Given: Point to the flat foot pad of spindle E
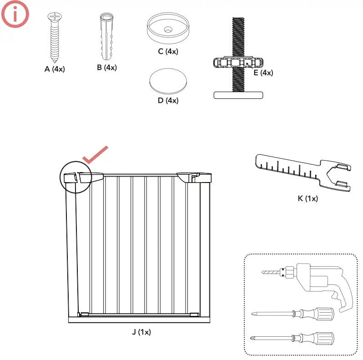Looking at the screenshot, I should (x=238, y=95).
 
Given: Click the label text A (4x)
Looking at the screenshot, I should (x=55, y=69).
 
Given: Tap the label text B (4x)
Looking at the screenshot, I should (x=106, y=67).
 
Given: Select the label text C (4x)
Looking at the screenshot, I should (x=168, y=51).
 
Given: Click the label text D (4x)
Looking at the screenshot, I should (x=168, y=101).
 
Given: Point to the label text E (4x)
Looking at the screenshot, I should (x=263, y=72).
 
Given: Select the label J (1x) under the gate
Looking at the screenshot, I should (x=141, y=332).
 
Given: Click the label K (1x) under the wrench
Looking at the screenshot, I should (x=308, y=198).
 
